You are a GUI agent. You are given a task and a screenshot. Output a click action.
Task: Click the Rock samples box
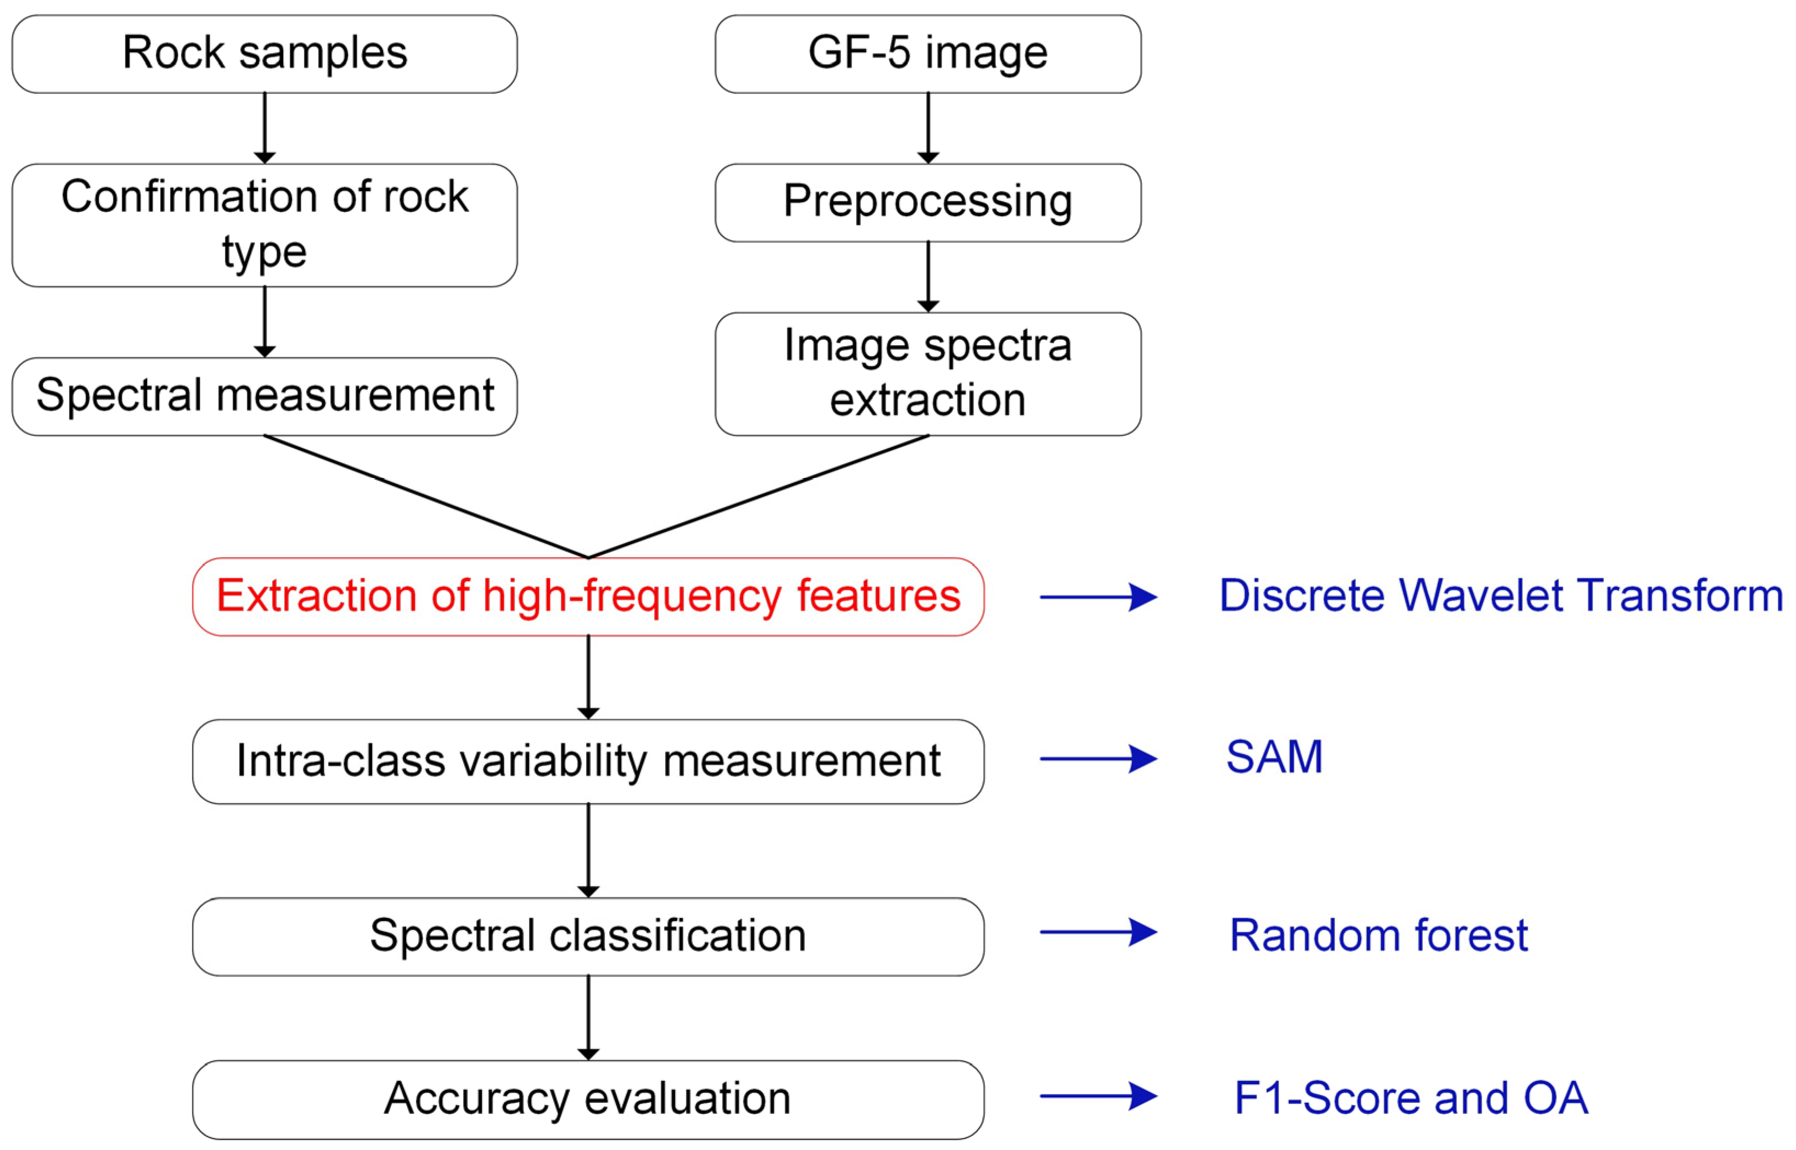pyautogui.click(x=264, y=54)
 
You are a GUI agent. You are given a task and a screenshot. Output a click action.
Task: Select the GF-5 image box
pyautogui.click(x=927, y=54)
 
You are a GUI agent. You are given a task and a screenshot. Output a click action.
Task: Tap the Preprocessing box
pyautogui.click(x=927, y=203)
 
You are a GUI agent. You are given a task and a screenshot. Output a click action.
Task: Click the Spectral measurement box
pyautogui.click(x=264, y=396)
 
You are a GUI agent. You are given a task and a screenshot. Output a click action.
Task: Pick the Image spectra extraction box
pyautogui.click(x=927, y=373)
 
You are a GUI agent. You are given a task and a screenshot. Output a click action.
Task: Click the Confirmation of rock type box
pyautogui.click(x=264, y=225)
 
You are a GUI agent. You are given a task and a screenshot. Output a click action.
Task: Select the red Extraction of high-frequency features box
pyautogui.click(x=588, y=597)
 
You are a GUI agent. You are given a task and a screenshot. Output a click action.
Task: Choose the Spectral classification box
pyautogui.click(x=588, y=936)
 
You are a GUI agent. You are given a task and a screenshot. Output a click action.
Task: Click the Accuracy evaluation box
pyautogui.click(x=588, y=1099)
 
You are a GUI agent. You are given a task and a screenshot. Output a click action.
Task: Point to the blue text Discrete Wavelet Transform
pyautogui.click(x=1500, y=596)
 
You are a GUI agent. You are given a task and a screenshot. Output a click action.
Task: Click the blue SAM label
pyautogui.click(x=1274, y=757)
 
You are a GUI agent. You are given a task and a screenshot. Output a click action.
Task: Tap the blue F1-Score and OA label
pyautogui.click(x=1411, y=1098)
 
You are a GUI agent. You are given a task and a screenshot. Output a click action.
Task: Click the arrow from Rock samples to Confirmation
pyautogui.click(x=264, y=127)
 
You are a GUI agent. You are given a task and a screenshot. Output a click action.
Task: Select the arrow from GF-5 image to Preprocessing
pyautogui.click(x=927, y=127)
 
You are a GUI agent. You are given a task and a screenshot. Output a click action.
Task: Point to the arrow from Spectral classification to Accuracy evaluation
pyautogui.click(x=588, y=1017)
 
